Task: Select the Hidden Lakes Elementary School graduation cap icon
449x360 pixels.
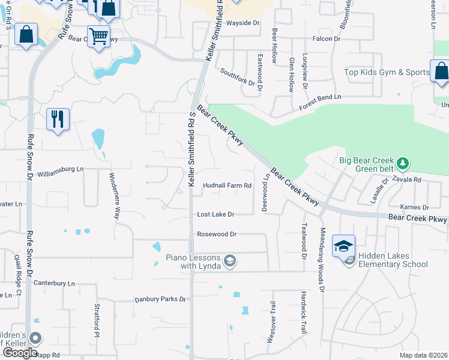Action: (x=343, y=246)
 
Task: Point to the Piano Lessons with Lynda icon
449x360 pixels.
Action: (x=229, y=260)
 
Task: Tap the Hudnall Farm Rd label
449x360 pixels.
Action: (x=227, y=185)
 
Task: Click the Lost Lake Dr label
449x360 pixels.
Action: (x=216, y=214)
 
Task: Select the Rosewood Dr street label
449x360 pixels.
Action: (x=217, y=234)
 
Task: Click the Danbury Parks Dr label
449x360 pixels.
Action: (x=160, y=298)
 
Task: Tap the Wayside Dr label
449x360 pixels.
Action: (x=243, y=23)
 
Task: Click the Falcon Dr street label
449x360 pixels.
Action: (x=326, y=39)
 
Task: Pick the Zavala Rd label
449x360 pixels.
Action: (x=408, y=179)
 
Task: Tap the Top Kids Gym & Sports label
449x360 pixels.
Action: (x=387, y=73)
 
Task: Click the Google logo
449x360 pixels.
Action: (x=20, y=353)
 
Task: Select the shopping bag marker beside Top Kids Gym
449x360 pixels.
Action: (x=441, y=71)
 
